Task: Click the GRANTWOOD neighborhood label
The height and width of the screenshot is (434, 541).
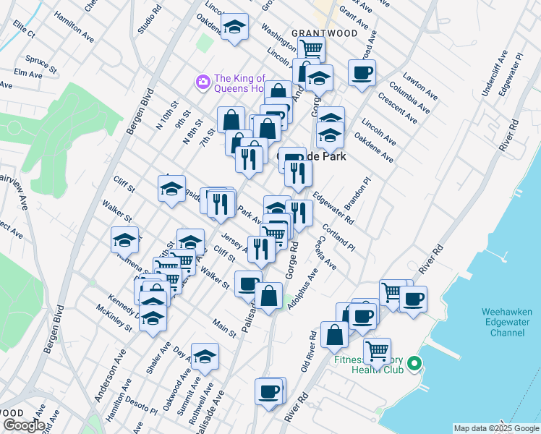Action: (x=315, y=33)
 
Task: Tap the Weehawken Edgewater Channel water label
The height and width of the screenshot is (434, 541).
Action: (x=507, y=322)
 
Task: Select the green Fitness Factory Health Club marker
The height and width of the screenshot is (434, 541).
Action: (x=414, y=363)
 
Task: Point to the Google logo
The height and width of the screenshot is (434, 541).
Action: (x=23, y=425)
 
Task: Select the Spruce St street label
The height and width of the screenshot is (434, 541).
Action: (x=41, y=59)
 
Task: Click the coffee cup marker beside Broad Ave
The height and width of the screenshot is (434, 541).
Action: (x=362, y=72)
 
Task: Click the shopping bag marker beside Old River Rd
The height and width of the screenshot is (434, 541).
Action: (x=335, y=335)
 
